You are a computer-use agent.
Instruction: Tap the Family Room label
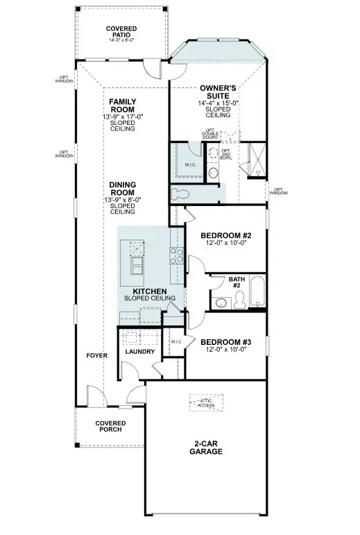coord(123,105)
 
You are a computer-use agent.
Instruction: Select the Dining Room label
coord(122,188)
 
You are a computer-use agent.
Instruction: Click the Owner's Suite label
coord(219,92)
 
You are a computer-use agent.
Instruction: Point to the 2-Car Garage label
coord(206,448)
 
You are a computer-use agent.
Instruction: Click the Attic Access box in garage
coord(206,402)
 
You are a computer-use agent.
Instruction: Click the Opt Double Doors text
coord(210,133)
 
